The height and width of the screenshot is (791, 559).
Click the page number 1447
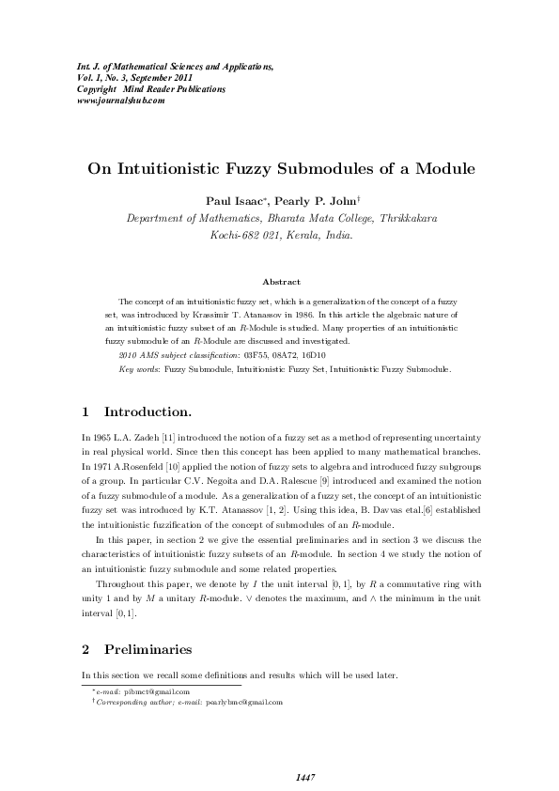pos(304,777)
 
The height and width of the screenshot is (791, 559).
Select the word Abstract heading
pos(281,282)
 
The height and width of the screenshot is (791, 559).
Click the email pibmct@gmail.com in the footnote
pos(157,691)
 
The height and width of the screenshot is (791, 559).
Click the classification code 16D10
pos(311,355)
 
